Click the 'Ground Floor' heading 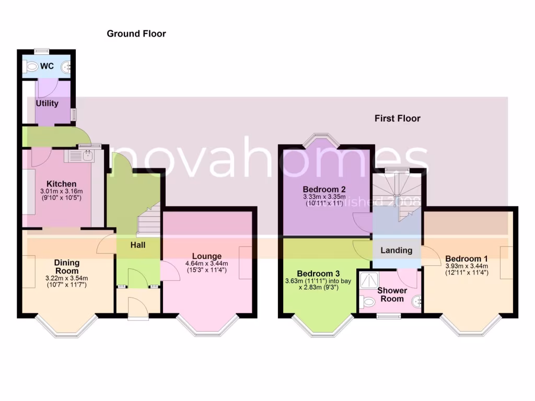pos(136,34)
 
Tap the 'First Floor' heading pos(397,119)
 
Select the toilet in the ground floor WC pos(31,67)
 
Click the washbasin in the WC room pos(66,67)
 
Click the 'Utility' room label pos(47,103)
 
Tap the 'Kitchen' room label pos(62,184)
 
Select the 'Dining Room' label pos(67,267)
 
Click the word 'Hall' pos(138,245)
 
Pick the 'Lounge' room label pos(207,256)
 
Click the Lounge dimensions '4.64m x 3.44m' pos(207,264)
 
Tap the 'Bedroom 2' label pos(324,189)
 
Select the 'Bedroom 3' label pos(318,274)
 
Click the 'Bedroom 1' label pos(467,258)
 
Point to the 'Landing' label pos(396,251)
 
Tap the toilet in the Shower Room pos(367,301)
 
